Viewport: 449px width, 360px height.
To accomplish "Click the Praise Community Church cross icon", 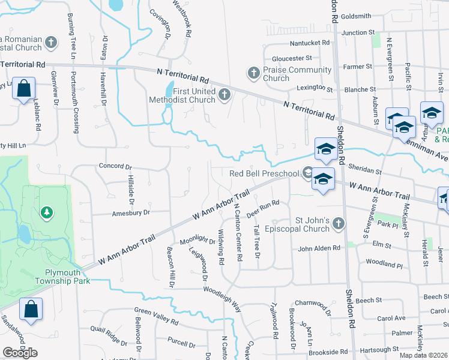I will (253, 73).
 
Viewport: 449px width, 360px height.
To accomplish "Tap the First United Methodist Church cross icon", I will (225, 94).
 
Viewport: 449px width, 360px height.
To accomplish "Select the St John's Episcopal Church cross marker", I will (339, 224).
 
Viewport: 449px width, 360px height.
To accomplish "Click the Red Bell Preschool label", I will (264, 174).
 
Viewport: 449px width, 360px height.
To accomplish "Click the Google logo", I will (20, 353).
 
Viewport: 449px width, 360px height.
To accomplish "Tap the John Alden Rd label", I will (319, 248).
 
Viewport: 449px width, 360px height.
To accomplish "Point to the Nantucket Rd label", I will (310, 43).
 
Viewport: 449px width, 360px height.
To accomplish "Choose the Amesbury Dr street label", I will (130, 212).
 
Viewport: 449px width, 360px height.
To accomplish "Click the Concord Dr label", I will (115, 166).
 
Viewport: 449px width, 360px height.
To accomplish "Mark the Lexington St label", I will (315, 89).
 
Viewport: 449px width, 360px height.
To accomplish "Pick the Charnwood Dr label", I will (312, 307).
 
